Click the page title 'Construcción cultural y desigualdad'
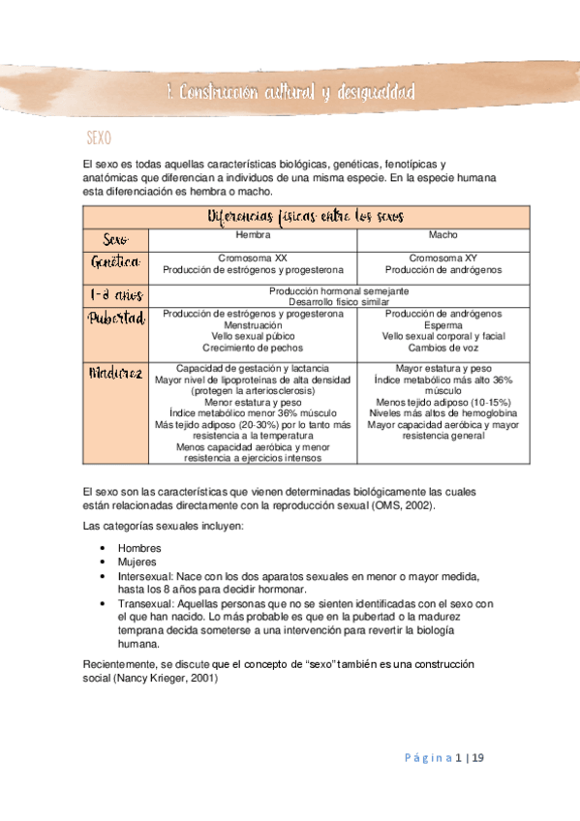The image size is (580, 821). tap(290, 93)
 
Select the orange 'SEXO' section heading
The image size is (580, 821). tap(101, 138)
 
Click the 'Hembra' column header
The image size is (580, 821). tap(254, 235)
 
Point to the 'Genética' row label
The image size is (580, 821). tap(116, 262)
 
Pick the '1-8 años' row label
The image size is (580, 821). tap(116, 295)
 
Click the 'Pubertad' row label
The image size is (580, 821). tap(116, 319)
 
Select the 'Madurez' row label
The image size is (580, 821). tap(116, 373)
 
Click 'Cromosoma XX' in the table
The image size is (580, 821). tap(254, 258)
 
